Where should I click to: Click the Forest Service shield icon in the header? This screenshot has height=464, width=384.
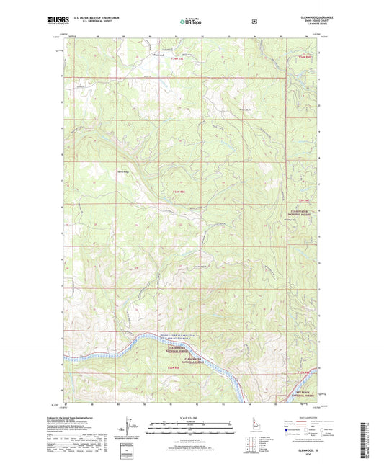click(254, 22)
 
